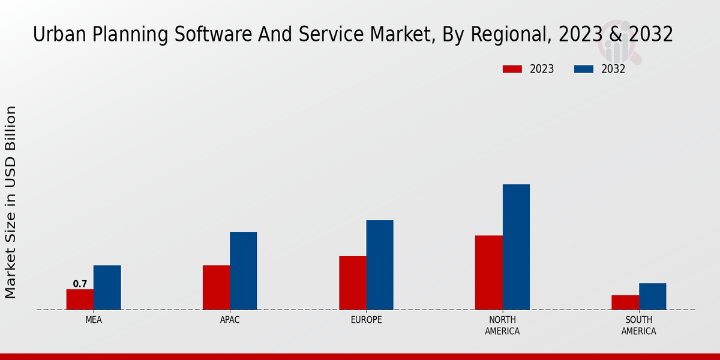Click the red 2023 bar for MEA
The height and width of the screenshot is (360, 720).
[x=80, y=299]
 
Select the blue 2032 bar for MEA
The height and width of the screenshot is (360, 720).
[x=107, y=287]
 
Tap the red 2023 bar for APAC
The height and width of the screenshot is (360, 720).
[x=216, y=287]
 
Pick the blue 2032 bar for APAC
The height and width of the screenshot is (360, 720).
[x=243, y=271]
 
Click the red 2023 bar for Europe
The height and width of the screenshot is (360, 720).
[x=352, y=283]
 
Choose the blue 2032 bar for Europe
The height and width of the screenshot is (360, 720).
[x=380, y=265]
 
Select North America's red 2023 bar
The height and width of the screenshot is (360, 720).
[x=488, y=272]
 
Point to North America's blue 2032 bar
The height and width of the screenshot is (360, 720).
[x=516, y=247]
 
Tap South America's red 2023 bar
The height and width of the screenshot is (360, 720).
[x=625, y=302]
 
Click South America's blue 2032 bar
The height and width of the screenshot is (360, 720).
[x=652, y=296]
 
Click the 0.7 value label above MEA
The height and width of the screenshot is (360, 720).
[x=80, y=284]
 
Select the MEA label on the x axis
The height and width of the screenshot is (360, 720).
[x=94, y=320]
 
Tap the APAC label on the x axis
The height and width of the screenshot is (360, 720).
[x=230, y=320]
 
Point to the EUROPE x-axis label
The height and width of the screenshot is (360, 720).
[x=366, y=320]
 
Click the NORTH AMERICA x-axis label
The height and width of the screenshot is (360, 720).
[x=502, y=325]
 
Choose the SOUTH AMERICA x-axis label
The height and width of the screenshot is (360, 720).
[x=638, y=325]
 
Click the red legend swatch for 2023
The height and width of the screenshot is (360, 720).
[x=512, y=69]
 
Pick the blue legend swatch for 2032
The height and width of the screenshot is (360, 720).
[x=583, y=69]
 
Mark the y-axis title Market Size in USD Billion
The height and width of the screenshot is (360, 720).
[x=11, y=202]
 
